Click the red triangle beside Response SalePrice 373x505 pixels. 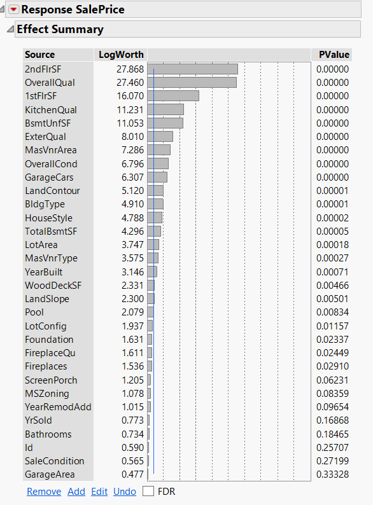point(14,10)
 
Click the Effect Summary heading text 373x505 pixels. point(60,29)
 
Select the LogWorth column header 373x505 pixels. point(121,55)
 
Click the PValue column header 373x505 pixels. point(334,55)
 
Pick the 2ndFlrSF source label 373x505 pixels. point(42,69)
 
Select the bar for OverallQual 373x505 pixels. point(192,83)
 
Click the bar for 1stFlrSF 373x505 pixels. point(173,96)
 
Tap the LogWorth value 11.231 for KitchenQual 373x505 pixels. point(130,109)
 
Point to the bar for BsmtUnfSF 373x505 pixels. point(165,123)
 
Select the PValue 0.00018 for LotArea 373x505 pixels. point(333,245)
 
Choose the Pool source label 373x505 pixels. point(34,312)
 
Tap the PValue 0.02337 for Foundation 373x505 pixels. point(333,340)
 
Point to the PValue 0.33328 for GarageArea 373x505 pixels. point(333,474)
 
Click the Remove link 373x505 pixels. point(44,492)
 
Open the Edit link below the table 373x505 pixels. point(99,492)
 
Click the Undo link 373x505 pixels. point(125,492)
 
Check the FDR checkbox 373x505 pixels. point(148,492)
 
